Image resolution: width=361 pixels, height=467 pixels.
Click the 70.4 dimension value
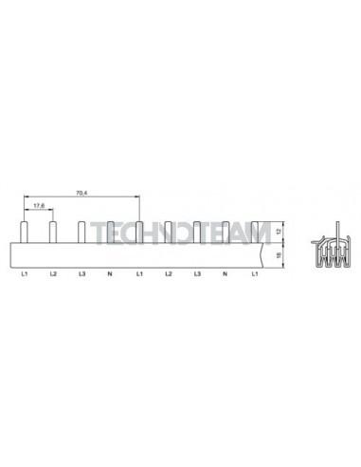(81, 193)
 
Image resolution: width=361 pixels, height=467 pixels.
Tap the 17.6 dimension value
(39, 205)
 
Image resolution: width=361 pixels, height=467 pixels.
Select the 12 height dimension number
(279, 232)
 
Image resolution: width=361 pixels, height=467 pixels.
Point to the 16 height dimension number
(279, 255)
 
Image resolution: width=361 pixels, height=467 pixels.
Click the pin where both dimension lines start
(24, 233)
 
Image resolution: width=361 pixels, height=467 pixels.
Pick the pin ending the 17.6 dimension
(53, 233)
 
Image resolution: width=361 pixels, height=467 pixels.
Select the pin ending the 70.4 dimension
(139, 233)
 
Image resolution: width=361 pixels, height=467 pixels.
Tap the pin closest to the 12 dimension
(255, 233)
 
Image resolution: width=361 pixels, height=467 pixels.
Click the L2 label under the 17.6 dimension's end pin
(53, 274)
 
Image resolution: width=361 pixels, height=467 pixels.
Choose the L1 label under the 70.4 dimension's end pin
(139, 274)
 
